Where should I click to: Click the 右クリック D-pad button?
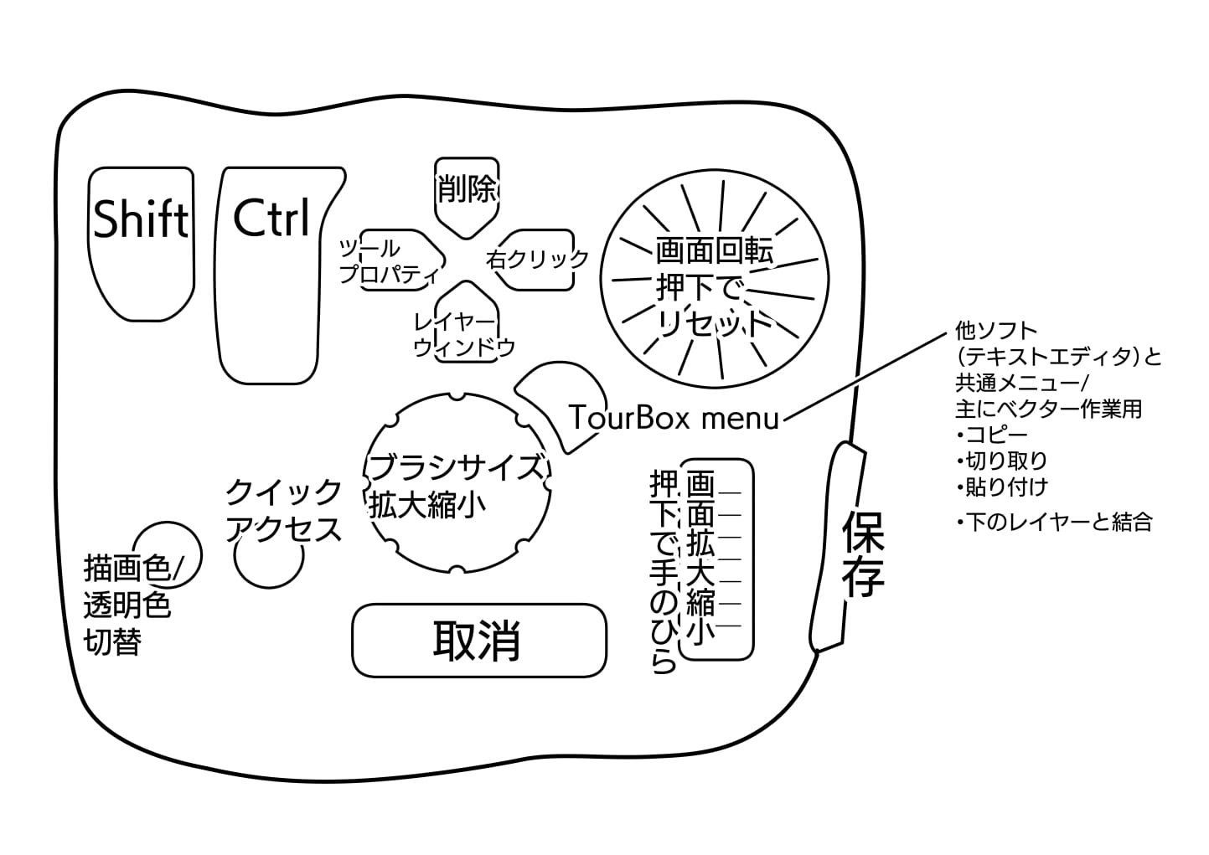coord(538,259)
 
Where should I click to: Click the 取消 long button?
coord(478,641)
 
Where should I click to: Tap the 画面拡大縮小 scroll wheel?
coord(717,557)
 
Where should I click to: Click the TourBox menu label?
coord(674,416)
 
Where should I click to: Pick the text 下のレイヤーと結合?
coord(1059,523)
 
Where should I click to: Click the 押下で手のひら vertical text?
coord(663,573)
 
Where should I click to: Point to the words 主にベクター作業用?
coord(1047,409)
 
